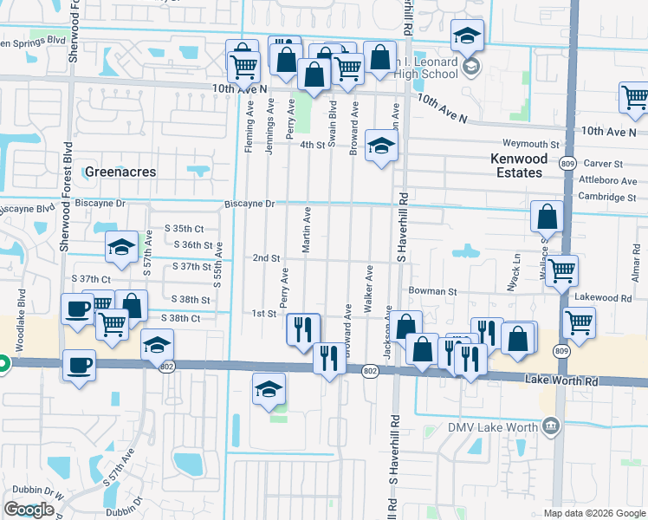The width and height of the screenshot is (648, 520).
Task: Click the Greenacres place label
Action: click(x=120, y=172)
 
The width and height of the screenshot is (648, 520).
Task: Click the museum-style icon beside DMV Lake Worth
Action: click(x=549, y=426)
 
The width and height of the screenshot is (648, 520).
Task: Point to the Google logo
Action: click(x=29, y=510)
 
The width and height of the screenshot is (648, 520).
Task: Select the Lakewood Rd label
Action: click(x=603, y=297)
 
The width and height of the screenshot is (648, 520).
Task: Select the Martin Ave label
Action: click(x=306, y=231)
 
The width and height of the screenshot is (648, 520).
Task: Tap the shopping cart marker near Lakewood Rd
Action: click(x=578, y=323)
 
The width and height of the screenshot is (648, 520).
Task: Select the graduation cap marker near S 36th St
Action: click(x=121, y=247)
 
